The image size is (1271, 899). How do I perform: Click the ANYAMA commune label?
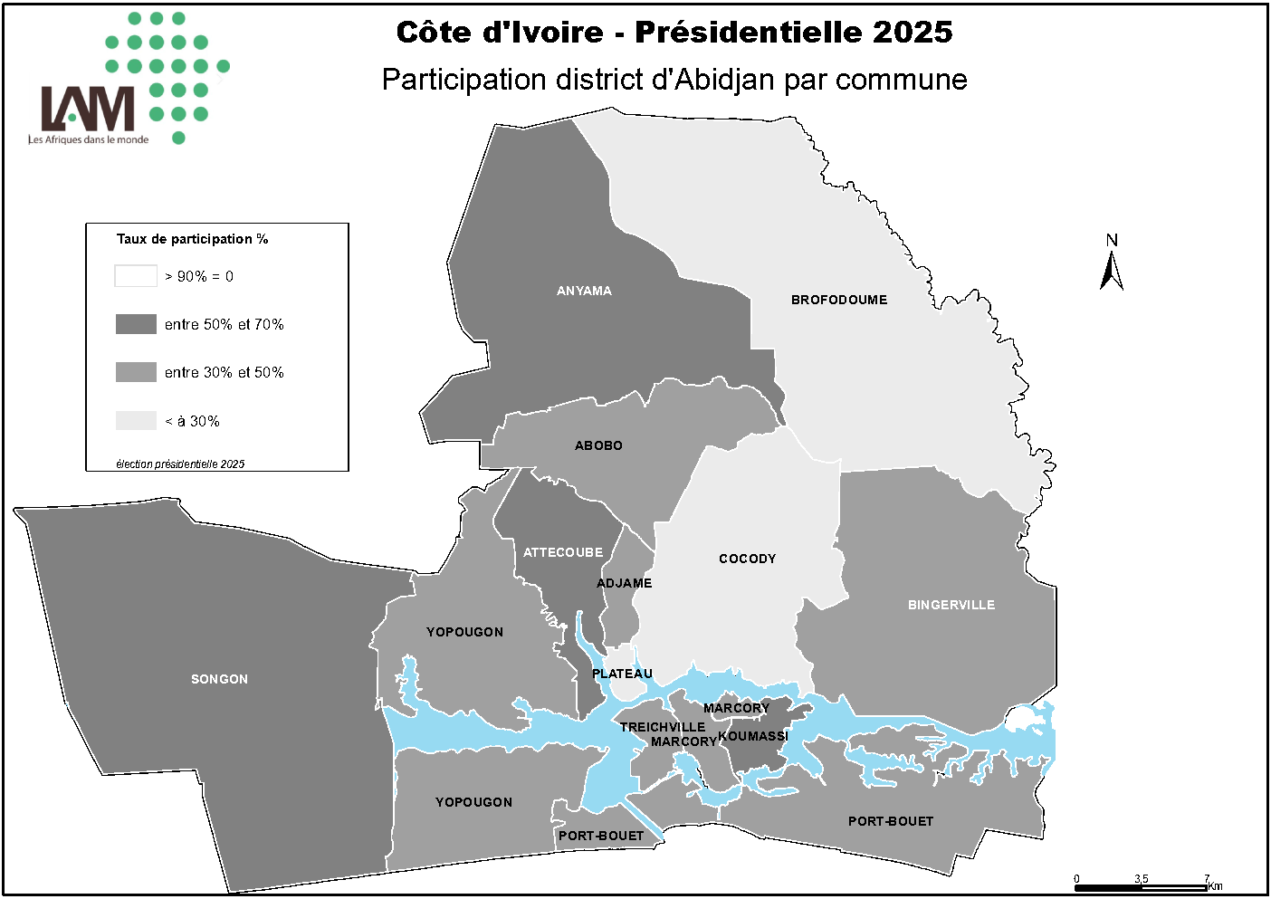[584, 291]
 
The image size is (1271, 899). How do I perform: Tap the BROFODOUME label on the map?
[839, 300]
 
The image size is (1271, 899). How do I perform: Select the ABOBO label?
[598, 445]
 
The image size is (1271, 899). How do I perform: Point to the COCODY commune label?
[747, 559]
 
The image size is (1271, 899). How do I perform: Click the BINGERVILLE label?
[951, 605]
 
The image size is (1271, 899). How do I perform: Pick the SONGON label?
[219, 679]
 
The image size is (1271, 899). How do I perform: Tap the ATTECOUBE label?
[563, 552]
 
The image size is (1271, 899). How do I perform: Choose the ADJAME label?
[624, 583]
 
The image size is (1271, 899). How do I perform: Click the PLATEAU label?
[622, 674]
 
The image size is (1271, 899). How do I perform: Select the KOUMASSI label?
[753, 736]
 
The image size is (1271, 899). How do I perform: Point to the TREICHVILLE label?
[663, 727]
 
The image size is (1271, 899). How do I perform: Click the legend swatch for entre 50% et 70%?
[136, 324]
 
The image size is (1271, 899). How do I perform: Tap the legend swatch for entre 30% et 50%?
[136, 372]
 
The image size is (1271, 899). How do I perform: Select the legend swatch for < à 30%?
[136, 421]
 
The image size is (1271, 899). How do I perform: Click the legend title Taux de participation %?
[192, 239]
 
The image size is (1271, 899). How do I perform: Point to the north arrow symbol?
[1112, 269]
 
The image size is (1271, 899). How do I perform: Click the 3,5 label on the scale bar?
[1141, 879]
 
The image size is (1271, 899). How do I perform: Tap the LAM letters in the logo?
[88, 109]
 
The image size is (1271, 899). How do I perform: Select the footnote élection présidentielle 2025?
[180, 464]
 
